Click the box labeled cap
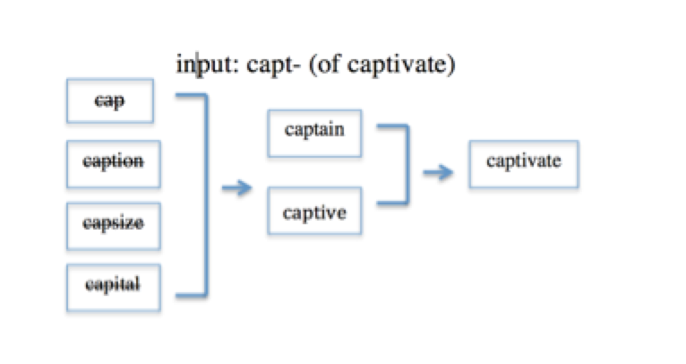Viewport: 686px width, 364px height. point(110,100)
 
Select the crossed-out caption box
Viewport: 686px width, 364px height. point(114,164)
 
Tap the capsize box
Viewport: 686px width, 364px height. point(114,226)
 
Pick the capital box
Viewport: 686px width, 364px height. point(114,288)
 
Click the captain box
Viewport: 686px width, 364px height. point(314,134)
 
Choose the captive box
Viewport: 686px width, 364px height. point(314,211)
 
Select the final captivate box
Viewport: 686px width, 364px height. point(524,164)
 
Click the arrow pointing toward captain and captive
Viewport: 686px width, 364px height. point(236,188)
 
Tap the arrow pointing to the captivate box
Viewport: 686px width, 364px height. point(438,172)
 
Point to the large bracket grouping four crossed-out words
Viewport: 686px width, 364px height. point(206,195)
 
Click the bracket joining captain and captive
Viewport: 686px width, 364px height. point(407,165)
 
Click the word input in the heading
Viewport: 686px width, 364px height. point(205,65)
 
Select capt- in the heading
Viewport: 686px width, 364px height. point(273,65)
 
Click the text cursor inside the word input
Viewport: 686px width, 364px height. point(197,65)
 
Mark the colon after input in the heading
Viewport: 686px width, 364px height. point(236,66)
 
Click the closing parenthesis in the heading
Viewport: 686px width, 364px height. point(452,65)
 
